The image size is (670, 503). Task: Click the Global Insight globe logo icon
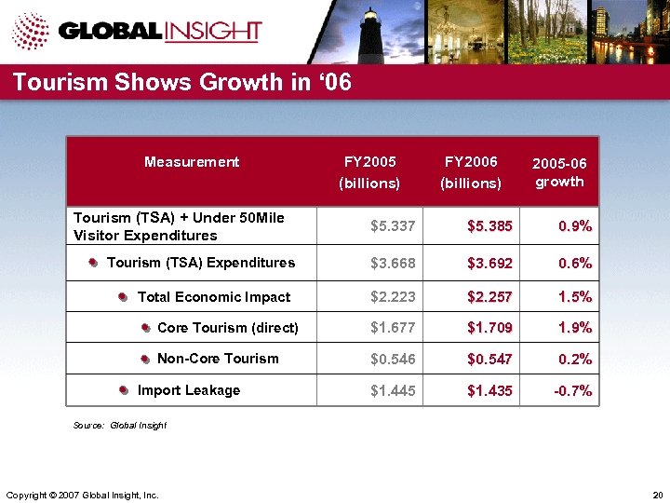[x=31, y=31]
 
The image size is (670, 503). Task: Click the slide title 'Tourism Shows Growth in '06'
[x=182, y=83]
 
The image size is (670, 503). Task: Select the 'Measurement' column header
[x=192, y=162]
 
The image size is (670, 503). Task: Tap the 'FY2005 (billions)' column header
[x=370, y=172]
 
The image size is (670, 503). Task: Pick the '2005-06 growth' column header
[x=559, y=172]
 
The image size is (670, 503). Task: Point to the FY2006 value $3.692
[x=489, y=264]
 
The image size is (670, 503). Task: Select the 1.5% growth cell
[x=575, y=297]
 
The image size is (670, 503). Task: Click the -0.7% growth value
[x=572, y=391]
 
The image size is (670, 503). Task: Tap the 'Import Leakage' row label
[x=188, y=390]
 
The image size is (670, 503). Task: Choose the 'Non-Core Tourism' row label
[x=218, y=359]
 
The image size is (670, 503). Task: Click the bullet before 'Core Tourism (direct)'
[x=146, y=328]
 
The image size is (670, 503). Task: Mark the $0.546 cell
[x=393, y=360]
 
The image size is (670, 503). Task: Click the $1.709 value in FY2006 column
[x=489, y=328]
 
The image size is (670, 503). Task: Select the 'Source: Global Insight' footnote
[x=119, y=425]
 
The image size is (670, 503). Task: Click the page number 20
[x=657, y=494]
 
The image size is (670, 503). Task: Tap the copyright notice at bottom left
[x=82, y=494]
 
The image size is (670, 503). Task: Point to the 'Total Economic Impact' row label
[x=213, y=297]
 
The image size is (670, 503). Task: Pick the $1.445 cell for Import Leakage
[x=393, y=391]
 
